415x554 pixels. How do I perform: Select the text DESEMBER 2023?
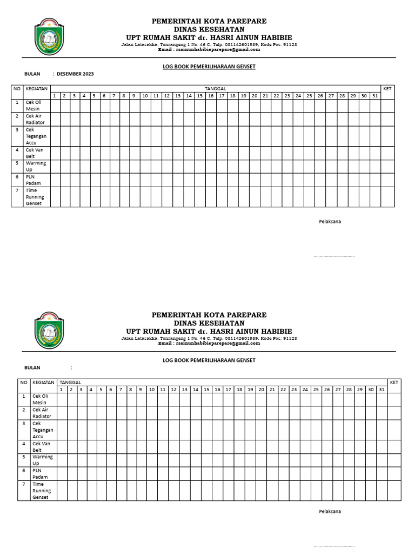point(75,74)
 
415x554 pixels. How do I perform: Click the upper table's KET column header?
point(387,88)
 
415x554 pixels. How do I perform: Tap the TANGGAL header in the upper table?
point(215,88)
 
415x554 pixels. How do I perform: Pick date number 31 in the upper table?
point(375,96)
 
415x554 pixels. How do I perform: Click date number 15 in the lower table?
point(206,390)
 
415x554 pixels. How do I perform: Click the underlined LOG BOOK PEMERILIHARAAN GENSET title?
point(209,67)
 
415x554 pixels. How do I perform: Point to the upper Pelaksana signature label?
point(330,221)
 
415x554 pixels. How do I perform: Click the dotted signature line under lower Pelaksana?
point(334,546)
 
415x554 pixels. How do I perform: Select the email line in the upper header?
point(209,49)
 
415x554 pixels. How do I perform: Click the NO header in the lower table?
point(24,382)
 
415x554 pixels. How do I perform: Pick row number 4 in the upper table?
point(17,150)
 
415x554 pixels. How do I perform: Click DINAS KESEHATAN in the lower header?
point(209,323)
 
